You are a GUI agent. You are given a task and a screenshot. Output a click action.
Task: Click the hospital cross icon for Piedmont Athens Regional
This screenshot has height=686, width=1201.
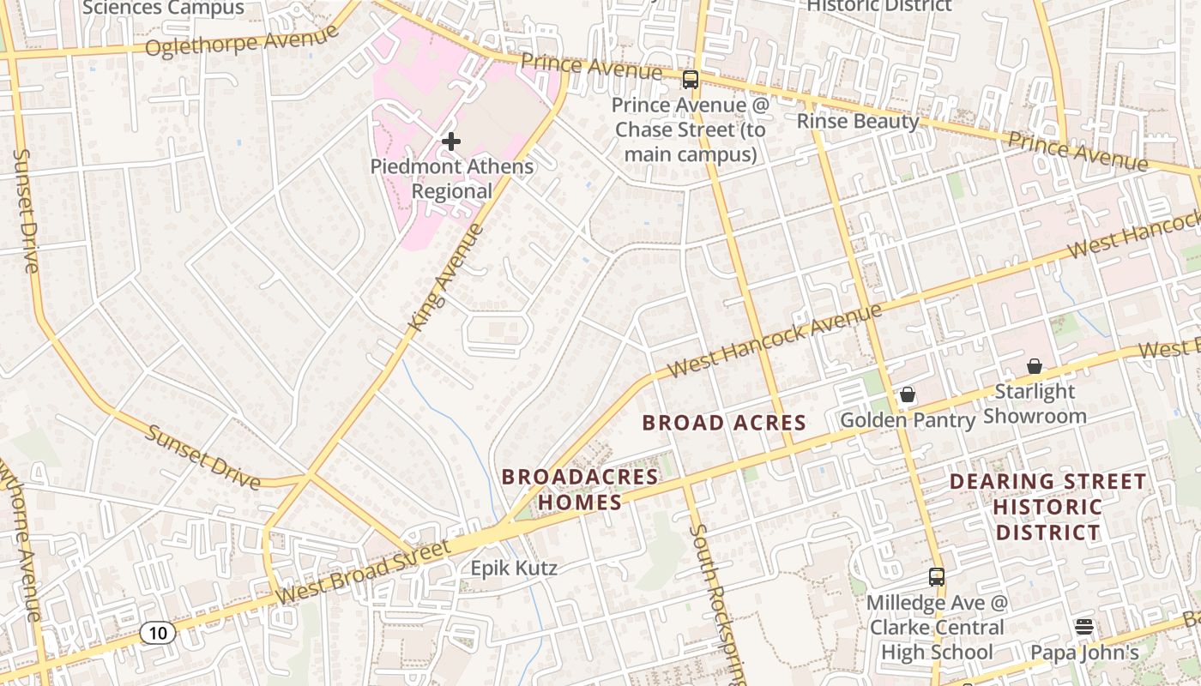tap(451, 141)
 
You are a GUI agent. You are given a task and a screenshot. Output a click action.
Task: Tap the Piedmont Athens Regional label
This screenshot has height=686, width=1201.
tap(452, 178)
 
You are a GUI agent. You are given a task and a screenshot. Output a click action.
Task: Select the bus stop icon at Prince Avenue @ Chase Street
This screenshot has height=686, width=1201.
tap(691, 80)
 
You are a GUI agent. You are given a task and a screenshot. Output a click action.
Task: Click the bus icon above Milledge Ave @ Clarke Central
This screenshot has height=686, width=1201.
tap(937, 577)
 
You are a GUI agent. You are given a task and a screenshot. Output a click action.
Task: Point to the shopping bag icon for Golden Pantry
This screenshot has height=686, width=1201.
tap(908, 394)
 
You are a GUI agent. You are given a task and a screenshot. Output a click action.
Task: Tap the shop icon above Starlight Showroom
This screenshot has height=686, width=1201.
tap(1035, 366)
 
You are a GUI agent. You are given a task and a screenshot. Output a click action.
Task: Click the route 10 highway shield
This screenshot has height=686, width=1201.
tap(158, 633)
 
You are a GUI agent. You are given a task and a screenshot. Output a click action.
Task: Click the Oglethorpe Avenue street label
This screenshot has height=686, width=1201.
tap(242, 41)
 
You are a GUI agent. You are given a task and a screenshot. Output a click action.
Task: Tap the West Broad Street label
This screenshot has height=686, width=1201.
tap(365, 572)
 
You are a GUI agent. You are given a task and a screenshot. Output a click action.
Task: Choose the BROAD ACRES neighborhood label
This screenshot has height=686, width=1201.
tap(724, 422)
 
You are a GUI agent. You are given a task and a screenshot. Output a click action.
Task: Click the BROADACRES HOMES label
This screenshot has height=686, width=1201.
tap(579, 490)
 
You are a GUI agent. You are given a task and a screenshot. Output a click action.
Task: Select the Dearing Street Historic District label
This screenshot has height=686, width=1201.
tap(1047, 507)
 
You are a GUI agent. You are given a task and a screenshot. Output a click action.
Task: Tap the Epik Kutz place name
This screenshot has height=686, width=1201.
tap(514, 568)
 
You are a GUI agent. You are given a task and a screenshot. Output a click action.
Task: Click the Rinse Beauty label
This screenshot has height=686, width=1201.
tap(858, 121)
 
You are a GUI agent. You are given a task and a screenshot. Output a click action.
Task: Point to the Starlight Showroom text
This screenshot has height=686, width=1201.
tap(1035, 404)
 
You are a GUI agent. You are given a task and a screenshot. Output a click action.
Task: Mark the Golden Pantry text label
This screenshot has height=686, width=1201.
tap(908, 420)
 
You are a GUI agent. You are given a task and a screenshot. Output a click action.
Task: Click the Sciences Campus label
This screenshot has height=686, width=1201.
tap(163, 9)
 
